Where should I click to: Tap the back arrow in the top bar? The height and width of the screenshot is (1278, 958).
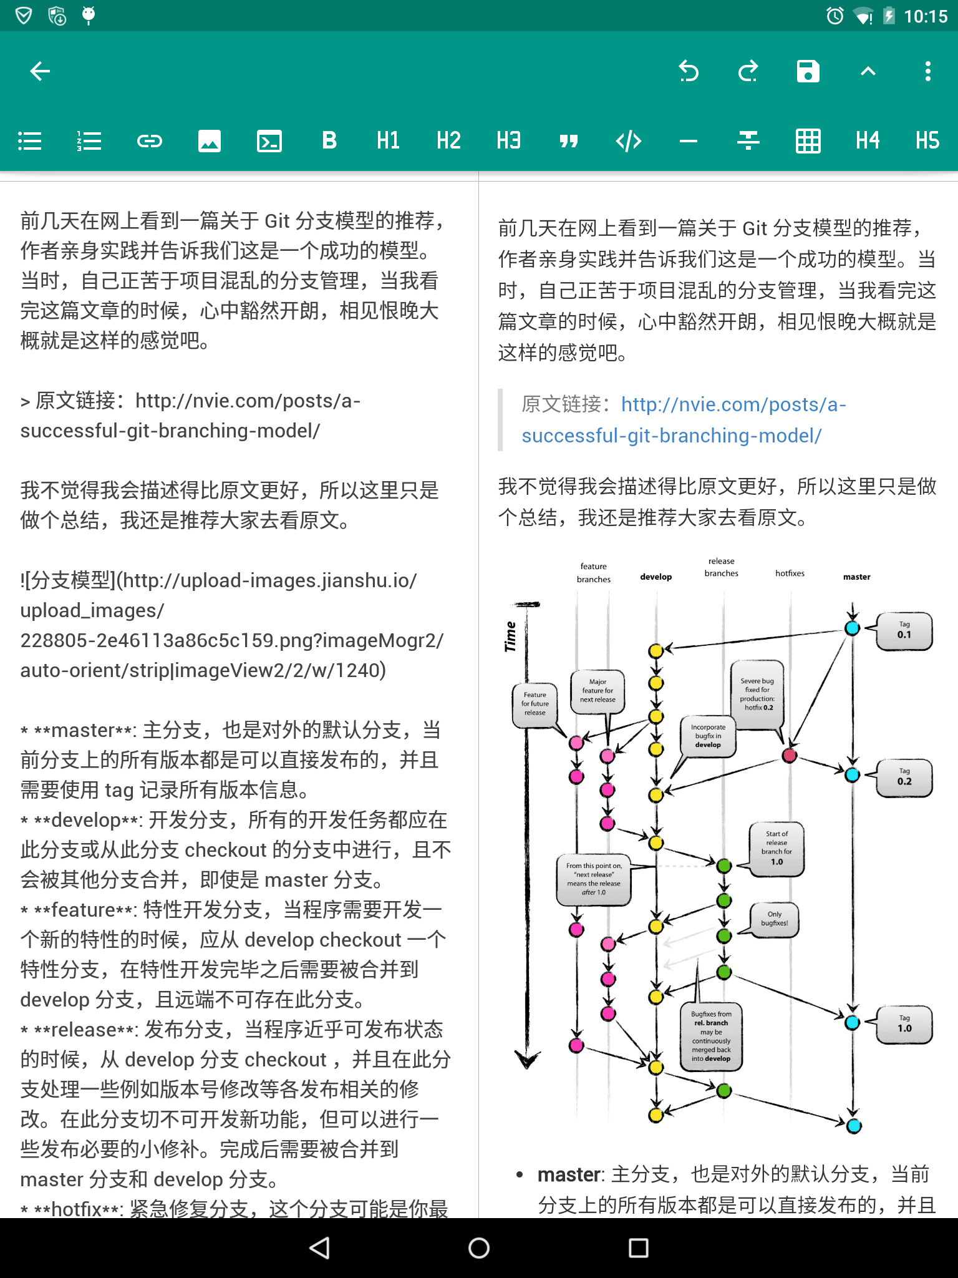tap(41, 71)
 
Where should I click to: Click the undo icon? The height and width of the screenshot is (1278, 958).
tap(689, 71)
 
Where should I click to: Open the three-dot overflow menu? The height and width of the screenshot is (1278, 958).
tap(927, 71)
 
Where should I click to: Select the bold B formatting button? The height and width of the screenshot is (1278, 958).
tap(329, 141)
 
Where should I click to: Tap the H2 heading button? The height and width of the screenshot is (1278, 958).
tap(448, 141)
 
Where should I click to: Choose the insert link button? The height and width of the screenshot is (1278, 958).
tap(150, 141)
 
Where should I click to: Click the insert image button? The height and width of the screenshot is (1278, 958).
tap(210, 141)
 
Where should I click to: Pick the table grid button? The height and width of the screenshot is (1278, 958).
tap(808, 141)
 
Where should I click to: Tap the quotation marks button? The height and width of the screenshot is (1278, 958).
tap(568, 141)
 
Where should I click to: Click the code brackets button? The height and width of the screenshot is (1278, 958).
tap(628, 141)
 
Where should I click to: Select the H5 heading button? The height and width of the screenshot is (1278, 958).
tap(927, 141)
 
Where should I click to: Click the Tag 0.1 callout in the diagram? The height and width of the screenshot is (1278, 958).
tap(904, 630)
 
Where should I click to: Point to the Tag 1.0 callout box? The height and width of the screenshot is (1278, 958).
tap(904, 1024)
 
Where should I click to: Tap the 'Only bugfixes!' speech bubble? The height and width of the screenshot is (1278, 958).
tap(775, 919)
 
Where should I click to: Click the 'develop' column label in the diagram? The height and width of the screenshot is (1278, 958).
tap(656, 577)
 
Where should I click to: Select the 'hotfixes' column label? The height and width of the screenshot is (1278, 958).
tap(790, 573)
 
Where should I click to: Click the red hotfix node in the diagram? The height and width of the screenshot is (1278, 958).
tap(790, 756)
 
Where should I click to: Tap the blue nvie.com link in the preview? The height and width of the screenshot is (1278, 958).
tap(684, 420)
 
